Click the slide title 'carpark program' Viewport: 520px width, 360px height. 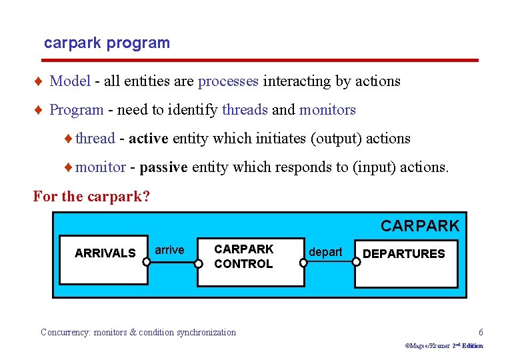pos(107,43)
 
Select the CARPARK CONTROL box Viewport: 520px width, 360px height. pos(243,257)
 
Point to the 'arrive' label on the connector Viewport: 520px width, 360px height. pos(169,250)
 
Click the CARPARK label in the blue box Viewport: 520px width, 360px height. pos(420,226)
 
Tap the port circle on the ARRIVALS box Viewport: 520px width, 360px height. pos(147,262)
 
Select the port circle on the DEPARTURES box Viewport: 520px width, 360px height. pos(356,262)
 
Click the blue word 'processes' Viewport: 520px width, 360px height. pos(228,81)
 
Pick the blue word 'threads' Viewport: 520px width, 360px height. pos(245,110)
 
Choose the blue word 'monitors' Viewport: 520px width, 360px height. pos(327,110)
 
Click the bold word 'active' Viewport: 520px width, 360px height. pos(149,139)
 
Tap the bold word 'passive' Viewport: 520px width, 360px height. pos(164,167)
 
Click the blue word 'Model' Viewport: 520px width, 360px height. pos(70,81)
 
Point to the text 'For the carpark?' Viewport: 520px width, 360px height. pos(91,197)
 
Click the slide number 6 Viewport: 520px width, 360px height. pos(481,332)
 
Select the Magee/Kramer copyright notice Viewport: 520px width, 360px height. pos(444,346)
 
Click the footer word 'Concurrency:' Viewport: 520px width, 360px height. pos(66,332)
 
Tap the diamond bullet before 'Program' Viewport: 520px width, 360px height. pos(40,110)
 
